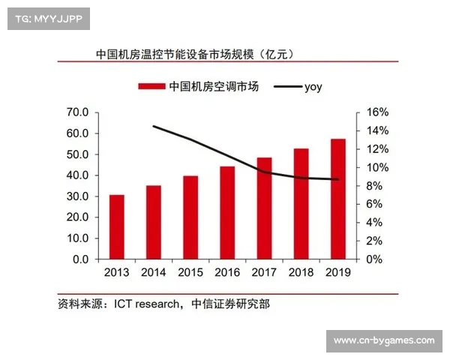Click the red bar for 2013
coord(117,226)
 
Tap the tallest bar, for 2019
coord(338,199)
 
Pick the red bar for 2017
coord(265,208)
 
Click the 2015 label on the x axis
coord(190,273)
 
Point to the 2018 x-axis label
coord(301,273)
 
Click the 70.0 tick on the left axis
coord(78,112)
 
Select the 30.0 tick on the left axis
coord(78,196)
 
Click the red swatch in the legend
coord(151,87)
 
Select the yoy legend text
coord(313,87)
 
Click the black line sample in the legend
coord(286,87)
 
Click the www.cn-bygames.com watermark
coord(384,341)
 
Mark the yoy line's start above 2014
coord(154,126)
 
